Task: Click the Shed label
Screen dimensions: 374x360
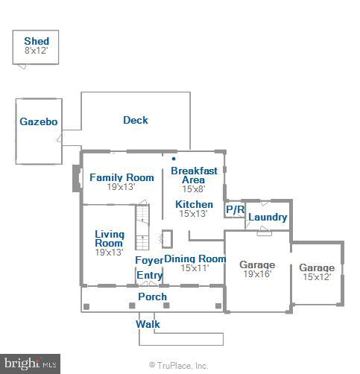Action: [37, 41]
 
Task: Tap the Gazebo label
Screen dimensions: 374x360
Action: [39, 122]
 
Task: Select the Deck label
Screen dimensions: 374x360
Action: [136, 120]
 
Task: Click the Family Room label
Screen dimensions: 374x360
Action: [121, 177]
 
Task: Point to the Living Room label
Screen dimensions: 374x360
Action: [109, 238]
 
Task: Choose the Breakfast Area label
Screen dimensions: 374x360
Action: [194, 175]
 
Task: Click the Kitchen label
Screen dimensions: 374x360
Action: [195, 204]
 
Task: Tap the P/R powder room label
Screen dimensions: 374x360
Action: [235, 209]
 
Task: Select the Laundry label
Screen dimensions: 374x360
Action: [268, 218]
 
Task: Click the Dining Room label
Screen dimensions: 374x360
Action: [195, 259]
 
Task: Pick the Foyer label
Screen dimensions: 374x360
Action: [149, 260]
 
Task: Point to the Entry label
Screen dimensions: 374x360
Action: [149, 275]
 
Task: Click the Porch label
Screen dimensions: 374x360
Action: [153, 297]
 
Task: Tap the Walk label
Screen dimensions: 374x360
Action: [148, 324]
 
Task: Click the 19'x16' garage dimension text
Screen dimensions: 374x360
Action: [256, 274]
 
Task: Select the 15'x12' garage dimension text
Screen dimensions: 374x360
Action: [317, 277]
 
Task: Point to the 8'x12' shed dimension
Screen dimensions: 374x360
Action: [37, 51]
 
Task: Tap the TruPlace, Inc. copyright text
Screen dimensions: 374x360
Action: [179, 366]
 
